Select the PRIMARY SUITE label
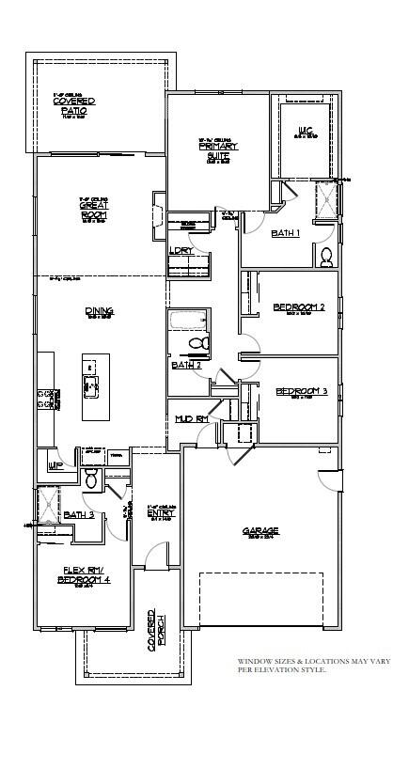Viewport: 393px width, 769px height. (218, 150)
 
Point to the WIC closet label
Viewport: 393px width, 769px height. (306, 132)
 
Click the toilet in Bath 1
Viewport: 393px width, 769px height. (326, 255)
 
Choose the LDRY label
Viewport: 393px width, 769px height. (181, 251)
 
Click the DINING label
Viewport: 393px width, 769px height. (99, 311)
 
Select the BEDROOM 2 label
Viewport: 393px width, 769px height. (299, 307)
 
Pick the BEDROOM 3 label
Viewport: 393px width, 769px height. (301, 391)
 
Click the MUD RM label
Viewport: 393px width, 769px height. (189, 416)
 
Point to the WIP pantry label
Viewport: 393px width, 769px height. (55, 464)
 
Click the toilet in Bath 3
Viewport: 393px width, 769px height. (91, 480)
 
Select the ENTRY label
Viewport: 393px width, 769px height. (162, 513)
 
